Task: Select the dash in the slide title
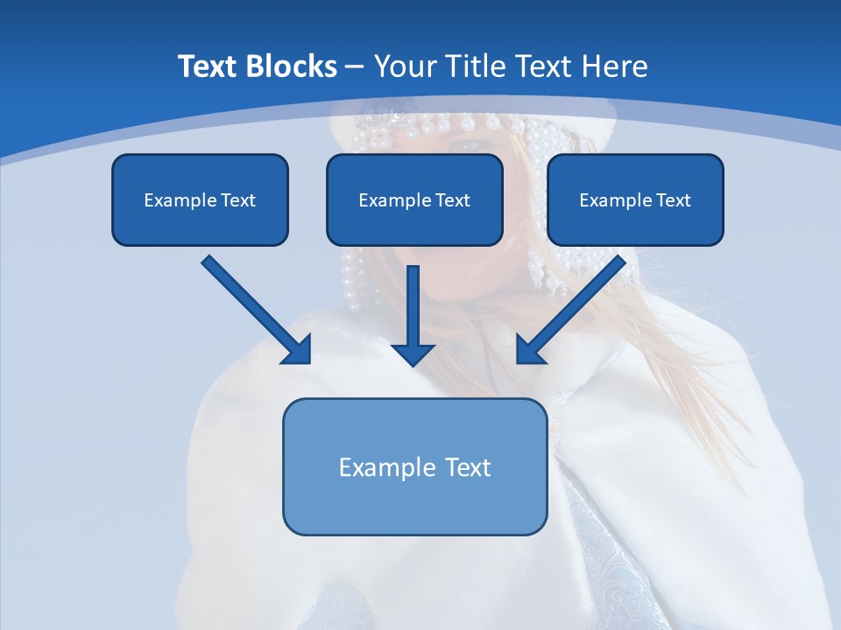(355, 67)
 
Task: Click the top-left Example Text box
(200, 199)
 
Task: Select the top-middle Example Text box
(414, 199)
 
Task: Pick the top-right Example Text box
(635, 199)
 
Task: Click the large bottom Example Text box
(414, 466)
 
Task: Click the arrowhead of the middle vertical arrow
(413, 354)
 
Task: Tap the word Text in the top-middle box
(452, 200)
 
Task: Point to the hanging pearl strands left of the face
(352, 280)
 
